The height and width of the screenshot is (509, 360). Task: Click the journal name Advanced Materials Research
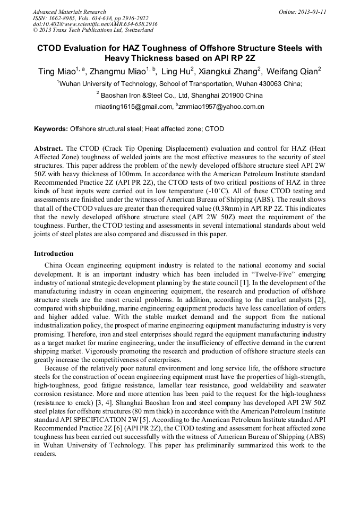(69, 12)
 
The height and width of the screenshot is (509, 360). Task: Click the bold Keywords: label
(51, 129)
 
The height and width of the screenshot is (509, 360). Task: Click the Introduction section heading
(54, 254)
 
